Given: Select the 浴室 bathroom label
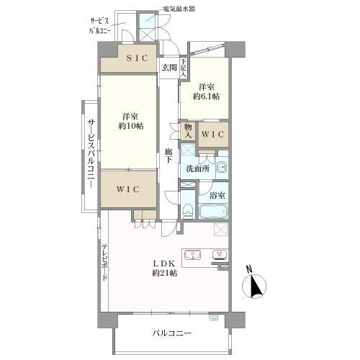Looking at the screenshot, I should [x=216, y=194].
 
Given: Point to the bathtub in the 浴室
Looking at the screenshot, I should [x=212, y=212].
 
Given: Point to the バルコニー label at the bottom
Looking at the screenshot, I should [x=171, y=334].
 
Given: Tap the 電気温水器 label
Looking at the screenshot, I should [x=180, y=9].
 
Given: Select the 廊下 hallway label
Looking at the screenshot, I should [x=168, y=156].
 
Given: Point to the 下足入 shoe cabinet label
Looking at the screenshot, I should [x=184, y=68].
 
